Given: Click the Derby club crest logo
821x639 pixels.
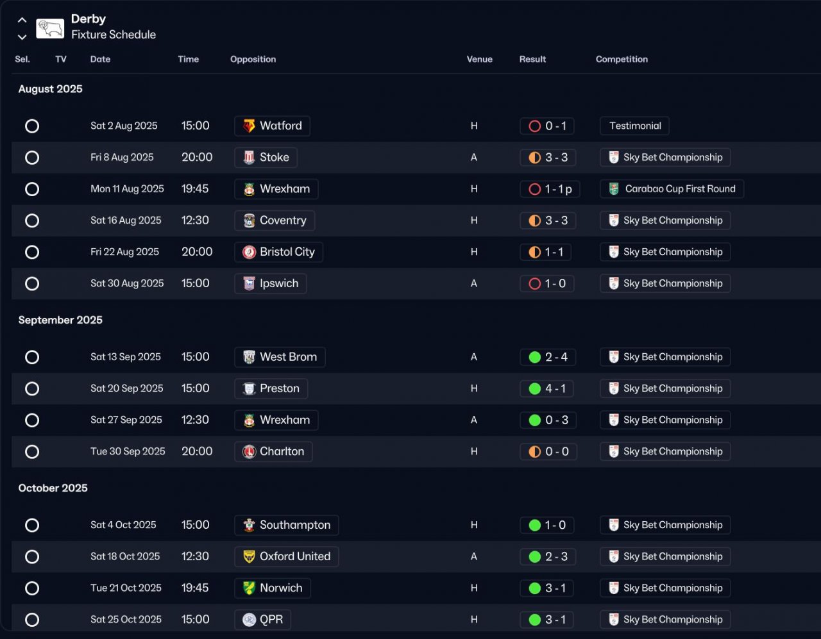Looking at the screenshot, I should point(50,28).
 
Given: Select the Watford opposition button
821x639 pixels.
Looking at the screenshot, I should point(272,126).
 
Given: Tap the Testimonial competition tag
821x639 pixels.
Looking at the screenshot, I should point(634,126).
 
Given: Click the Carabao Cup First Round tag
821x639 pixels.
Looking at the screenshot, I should point(672,189).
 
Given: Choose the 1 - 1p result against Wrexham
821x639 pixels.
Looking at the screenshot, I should point(550,189).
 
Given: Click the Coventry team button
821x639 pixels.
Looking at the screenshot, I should point(275,220).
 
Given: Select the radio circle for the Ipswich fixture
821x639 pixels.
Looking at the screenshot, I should point(32,284).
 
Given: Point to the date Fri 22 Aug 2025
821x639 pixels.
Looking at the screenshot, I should point(124,252).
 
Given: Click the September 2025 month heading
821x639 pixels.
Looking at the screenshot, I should point(60,320).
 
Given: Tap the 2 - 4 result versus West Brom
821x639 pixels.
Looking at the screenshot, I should point(548,357).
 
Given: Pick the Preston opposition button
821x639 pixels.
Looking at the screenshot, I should point(271,388).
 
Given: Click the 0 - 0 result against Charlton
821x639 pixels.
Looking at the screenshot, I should point(548,452).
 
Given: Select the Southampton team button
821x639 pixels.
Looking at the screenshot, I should point(286,526).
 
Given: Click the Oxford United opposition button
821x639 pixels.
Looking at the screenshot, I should point(286,557).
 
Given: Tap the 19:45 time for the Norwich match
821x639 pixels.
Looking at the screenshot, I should point(195,588).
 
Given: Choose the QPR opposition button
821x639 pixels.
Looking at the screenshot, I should point(262,620).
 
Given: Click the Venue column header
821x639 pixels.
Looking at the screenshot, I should point(479,60).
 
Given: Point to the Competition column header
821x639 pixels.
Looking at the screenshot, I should point(622,60).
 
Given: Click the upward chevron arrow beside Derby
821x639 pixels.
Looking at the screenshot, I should point(22,21).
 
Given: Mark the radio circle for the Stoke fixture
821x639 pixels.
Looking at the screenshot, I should point(32,158).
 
